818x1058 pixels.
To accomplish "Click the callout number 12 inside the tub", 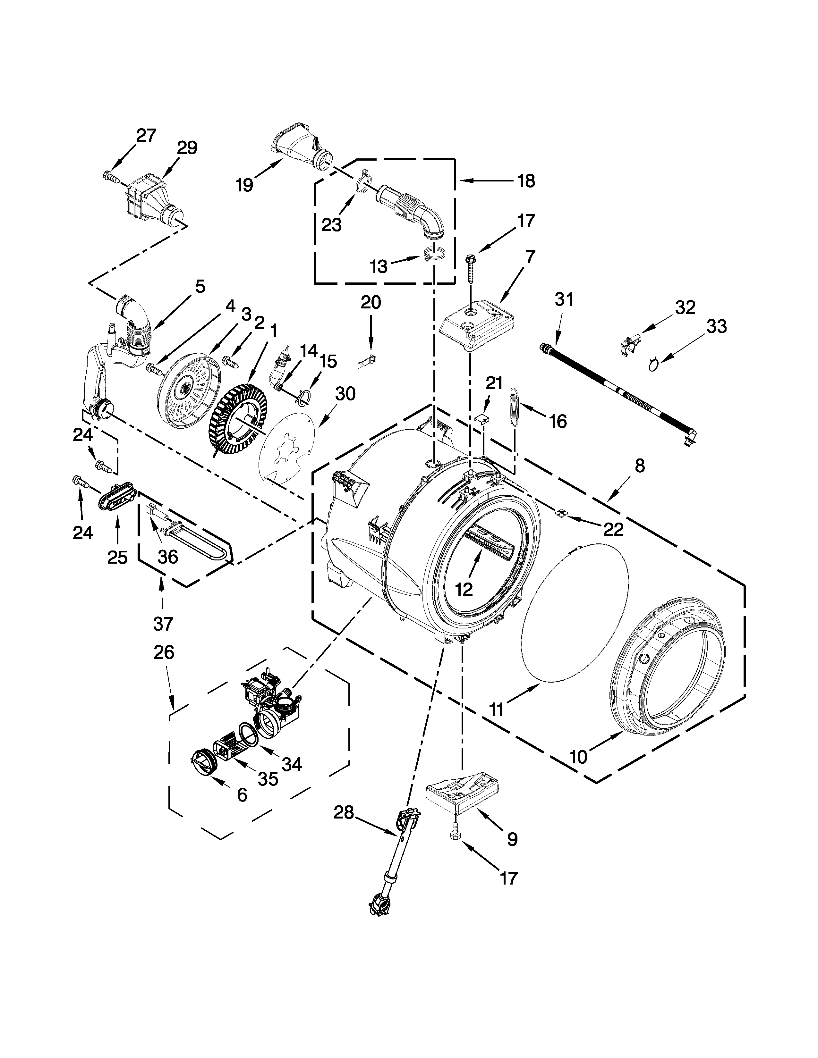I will [464, 589].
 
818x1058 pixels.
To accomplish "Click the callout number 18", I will [526, 181].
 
